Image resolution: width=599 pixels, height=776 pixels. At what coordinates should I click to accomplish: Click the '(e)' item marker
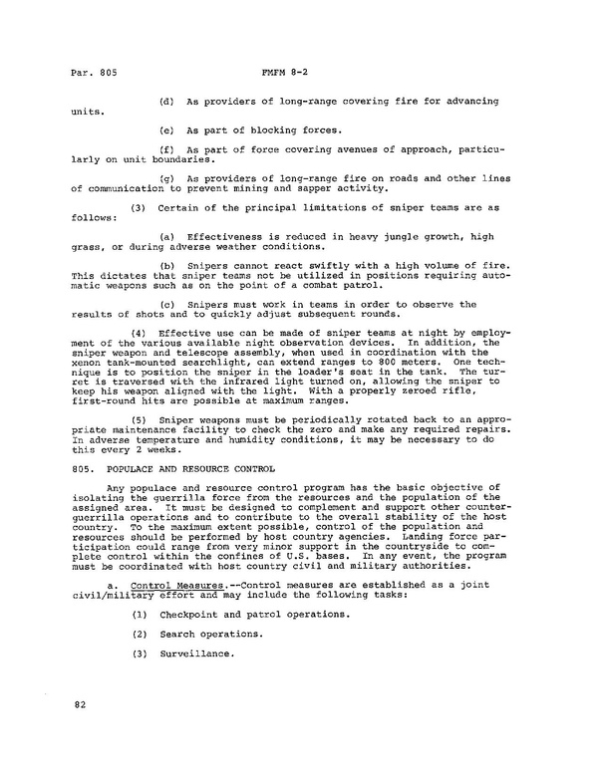tap(166, 131)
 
